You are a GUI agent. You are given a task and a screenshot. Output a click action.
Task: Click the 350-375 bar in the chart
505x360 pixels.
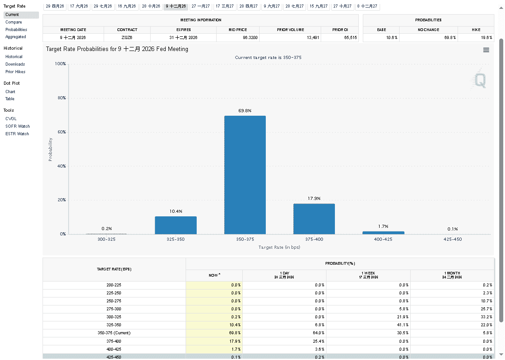(245, 175)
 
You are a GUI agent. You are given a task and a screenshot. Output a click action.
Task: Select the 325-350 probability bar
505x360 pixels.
(175, 225)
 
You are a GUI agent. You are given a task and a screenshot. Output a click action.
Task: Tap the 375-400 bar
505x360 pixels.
(314, 219)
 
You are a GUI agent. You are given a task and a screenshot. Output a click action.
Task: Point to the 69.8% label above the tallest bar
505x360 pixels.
(245, 110)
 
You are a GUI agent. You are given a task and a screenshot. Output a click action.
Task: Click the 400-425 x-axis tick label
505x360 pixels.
(383, 239)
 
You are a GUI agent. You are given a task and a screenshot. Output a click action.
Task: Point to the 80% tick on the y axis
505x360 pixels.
(60, 98)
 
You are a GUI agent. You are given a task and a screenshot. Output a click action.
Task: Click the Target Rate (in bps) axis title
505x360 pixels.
(279, 247)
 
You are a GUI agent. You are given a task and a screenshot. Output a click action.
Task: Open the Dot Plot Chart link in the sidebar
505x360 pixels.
(10, 92)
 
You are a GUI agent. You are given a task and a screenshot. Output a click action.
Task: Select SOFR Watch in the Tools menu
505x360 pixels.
(18, 126)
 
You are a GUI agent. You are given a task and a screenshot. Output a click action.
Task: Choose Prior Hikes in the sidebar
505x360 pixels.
(16, 72)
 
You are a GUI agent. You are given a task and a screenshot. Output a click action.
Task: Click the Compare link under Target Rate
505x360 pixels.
(14, 22)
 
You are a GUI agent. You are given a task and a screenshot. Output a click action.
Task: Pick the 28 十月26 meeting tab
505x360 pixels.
(151, 6)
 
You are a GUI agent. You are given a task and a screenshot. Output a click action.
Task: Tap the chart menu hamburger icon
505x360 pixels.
(486, 50)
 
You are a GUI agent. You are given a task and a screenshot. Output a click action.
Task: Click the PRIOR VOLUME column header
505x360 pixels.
(290, 30)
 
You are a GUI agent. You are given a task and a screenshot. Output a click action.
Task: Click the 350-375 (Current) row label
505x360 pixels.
(114, 333)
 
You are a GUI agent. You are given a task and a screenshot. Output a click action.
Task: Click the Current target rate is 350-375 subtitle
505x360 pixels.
(268, 58)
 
